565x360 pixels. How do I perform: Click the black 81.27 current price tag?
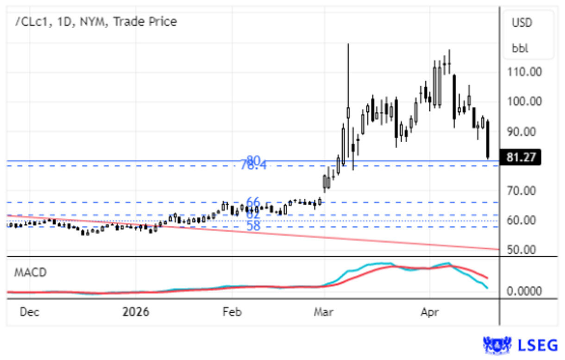pyautogui.click(x=521, y=157)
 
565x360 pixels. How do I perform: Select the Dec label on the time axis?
pyautogui.click(x=29, y=312)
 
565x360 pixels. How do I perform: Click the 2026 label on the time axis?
pyautogui.click(x=136, y=312)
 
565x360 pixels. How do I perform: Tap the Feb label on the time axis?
pyautogui.click(x=232, y=312)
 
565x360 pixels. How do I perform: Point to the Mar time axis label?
pyautogui.click(x=324, y=312)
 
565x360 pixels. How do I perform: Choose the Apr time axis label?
pyautogui.click(x=430, y=312)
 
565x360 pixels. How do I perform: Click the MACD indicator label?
pyautogui.click(x=31, y=272)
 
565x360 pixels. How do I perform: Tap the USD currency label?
pyautogui.click(x=522, y=22)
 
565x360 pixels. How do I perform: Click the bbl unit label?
pyautogui.click(x=520, y=48)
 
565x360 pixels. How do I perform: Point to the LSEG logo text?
pyautogui.click(x=540, y=345)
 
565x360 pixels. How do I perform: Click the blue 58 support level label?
pyautogui.click(x=253, y=226)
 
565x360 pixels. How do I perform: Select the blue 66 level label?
pyautogui.click(x=253, y=202)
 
